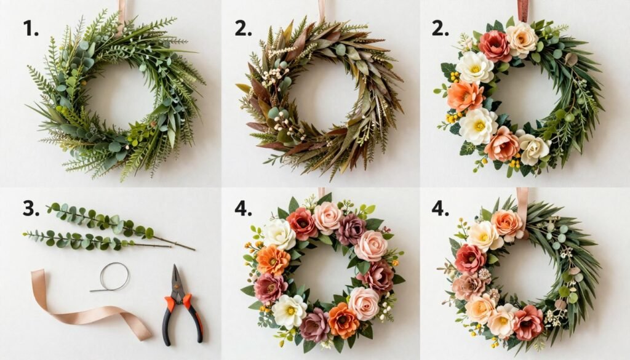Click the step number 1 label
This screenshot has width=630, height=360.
[x=31, y=28]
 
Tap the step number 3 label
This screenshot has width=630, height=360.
[x=31, y=208]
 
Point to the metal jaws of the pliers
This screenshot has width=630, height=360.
[x=177, y=277]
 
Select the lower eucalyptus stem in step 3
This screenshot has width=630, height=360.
[x=86, y=239]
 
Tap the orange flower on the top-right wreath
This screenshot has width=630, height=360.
[x=465, y=95]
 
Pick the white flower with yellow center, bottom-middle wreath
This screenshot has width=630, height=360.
[x=289, y=311]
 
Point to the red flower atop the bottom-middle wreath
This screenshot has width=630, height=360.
[x=302, y=223]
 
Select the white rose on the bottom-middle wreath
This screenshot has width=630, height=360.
[x=279, y=234]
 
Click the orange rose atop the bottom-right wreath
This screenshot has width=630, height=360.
[x=506, y=223]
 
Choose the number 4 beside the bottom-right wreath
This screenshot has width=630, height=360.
[x=440, y=208]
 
